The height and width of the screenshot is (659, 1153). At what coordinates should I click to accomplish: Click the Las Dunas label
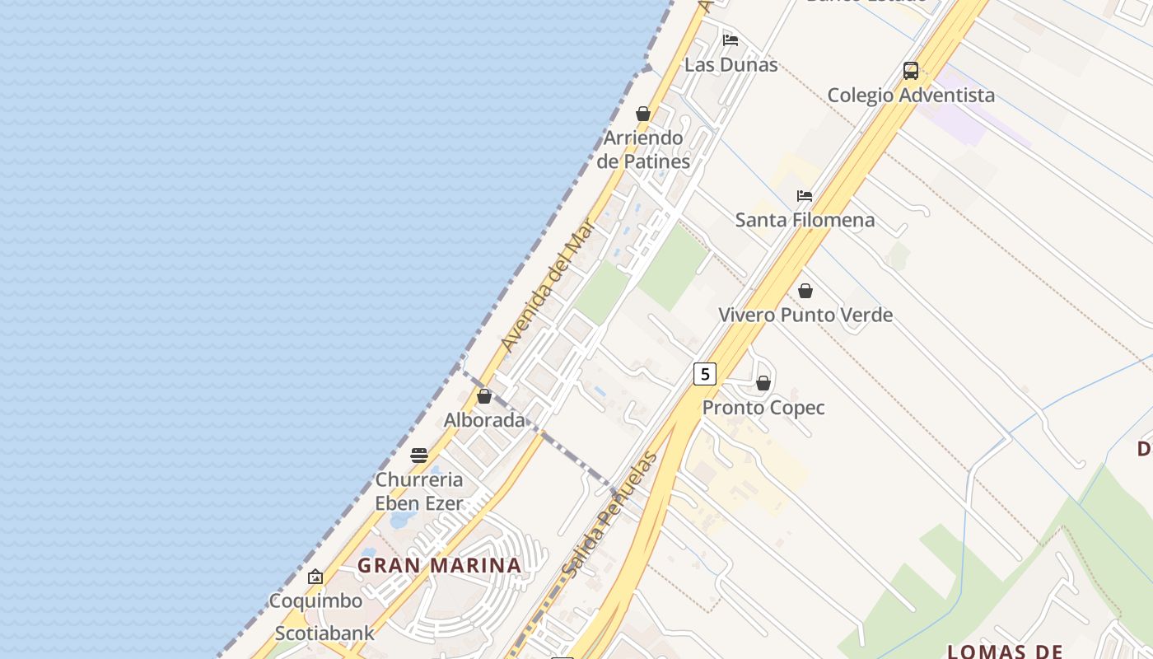731,64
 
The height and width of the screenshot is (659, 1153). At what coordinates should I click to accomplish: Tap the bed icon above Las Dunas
730,40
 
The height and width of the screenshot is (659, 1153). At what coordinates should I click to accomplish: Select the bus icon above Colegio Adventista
910,71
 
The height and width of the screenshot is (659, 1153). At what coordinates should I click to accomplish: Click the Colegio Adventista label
911,95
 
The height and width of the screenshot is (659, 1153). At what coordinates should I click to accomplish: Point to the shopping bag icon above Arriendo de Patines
643,114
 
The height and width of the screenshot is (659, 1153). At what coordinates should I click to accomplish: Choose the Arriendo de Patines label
643,149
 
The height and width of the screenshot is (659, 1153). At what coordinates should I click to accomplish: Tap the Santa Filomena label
805,220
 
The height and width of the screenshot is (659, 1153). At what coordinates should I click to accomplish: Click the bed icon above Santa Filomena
805,196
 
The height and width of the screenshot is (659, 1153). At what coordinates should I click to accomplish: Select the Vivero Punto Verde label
805,315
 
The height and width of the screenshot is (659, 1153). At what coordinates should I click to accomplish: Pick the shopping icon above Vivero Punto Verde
805,291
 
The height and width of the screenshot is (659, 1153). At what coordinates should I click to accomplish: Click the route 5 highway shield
704,374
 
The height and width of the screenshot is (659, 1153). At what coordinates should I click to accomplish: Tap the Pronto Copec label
763,408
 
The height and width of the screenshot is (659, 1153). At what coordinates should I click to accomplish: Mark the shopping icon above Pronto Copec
763,383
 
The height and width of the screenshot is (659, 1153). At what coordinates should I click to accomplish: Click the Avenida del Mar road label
547,287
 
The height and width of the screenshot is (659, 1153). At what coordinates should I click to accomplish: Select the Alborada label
484,420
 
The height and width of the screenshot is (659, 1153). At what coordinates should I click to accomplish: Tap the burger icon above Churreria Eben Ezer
419,456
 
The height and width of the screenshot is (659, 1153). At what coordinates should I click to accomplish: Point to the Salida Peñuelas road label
609,514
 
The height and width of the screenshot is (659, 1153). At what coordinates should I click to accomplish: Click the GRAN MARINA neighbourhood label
439,566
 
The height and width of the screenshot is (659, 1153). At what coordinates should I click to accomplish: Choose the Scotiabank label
324,633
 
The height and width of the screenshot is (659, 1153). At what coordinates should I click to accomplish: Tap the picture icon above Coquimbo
315,577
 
